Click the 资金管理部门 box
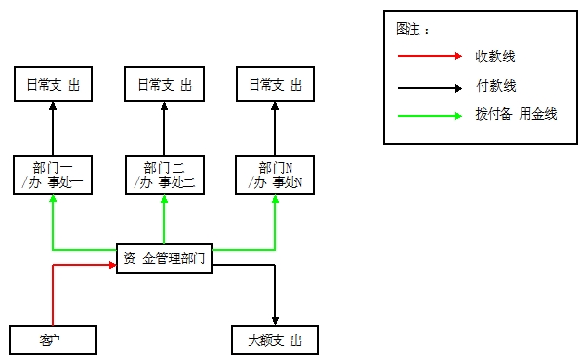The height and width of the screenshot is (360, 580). [164, 259]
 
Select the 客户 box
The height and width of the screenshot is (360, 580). [53, 340]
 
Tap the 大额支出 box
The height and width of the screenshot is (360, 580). [275, 340]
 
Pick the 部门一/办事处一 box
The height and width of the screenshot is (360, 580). [53, 175]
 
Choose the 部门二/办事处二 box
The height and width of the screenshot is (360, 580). [164, 175]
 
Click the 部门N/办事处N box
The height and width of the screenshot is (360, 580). [275, 175]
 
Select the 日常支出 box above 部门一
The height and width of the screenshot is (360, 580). [53, 85]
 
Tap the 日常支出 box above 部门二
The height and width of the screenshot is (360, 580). [164, 85]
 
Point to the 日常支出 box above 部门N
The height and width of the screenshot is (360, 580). [275, 85]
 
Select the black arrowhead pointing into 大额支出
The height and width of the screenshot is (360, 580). [275, 319]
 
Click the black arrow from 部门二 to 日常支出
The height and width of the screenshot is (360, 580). [164, 127]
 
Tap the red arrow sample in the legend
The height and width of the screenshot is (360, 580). [428, 56]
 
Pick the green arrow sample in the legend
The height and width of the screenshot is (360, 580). [428, 115]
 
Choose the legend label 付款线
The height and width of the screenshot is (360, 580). [496, 86]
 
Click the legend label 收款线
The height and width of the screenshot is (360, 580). [496, 56]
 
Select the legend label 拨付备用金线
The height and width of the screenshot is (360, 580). [516, 115]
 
